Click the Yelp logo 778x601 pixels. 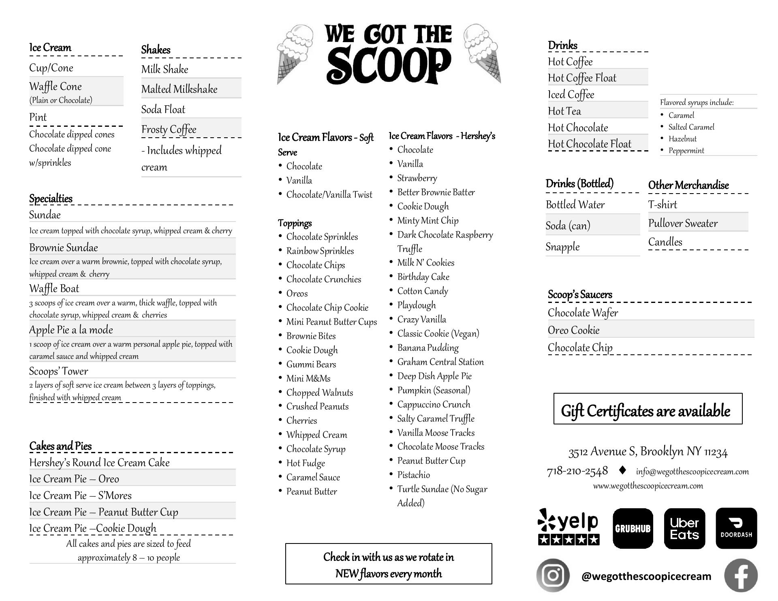click(x=569, y=526)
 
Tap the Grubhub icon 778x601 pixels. click(x=633, y=528)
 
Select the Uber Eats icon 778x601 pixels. click(x=684, y=528)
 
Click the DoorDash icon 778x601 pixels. click(x=736, y=528)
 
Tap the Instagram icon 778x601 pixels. click(x=553, y=575)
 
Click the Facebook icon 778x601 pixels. click(x=741, y=575)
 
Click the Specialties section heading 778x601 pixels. click(x=51, y=198)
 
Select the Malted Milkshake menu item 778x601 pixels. click(x=179, y=89)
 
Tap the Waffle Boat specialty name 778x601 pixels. click(x=54, y=288)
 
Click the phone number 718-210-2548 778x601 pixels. click(x=577, y=471)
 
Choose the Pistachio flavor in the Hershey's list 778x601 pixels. click(x=413, y=475)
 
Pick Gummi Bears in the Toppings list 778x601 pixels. click(x=311, y=364)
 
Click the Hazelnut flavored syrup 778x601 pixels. click(x=682, y=139)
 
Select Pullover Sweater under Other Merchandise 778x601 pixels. click(x=683, y=223)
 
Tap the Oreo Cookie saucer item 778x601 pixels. click(x=573, y=330)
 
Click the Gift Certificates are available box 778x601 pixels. click(x=648, y=409)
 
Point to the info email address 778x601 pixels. click(x=692, y=471)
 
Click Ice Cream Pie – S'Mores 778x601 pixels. click(x=80, y=495)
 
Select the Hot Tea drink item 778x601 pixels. click(x=564, y=111)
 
